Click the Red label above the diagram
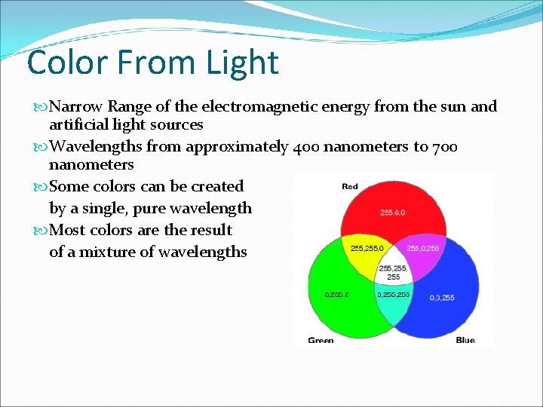[x=350, y=186]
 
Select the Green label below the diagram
[x=321, y=340]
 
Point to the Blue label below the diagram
[x=465, y=340]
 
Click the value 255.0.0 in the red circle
[x=392, y=213]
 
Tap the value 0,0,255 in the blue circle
[x=442, y=298]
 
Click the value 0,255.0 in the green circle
[x=336, y=295]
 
